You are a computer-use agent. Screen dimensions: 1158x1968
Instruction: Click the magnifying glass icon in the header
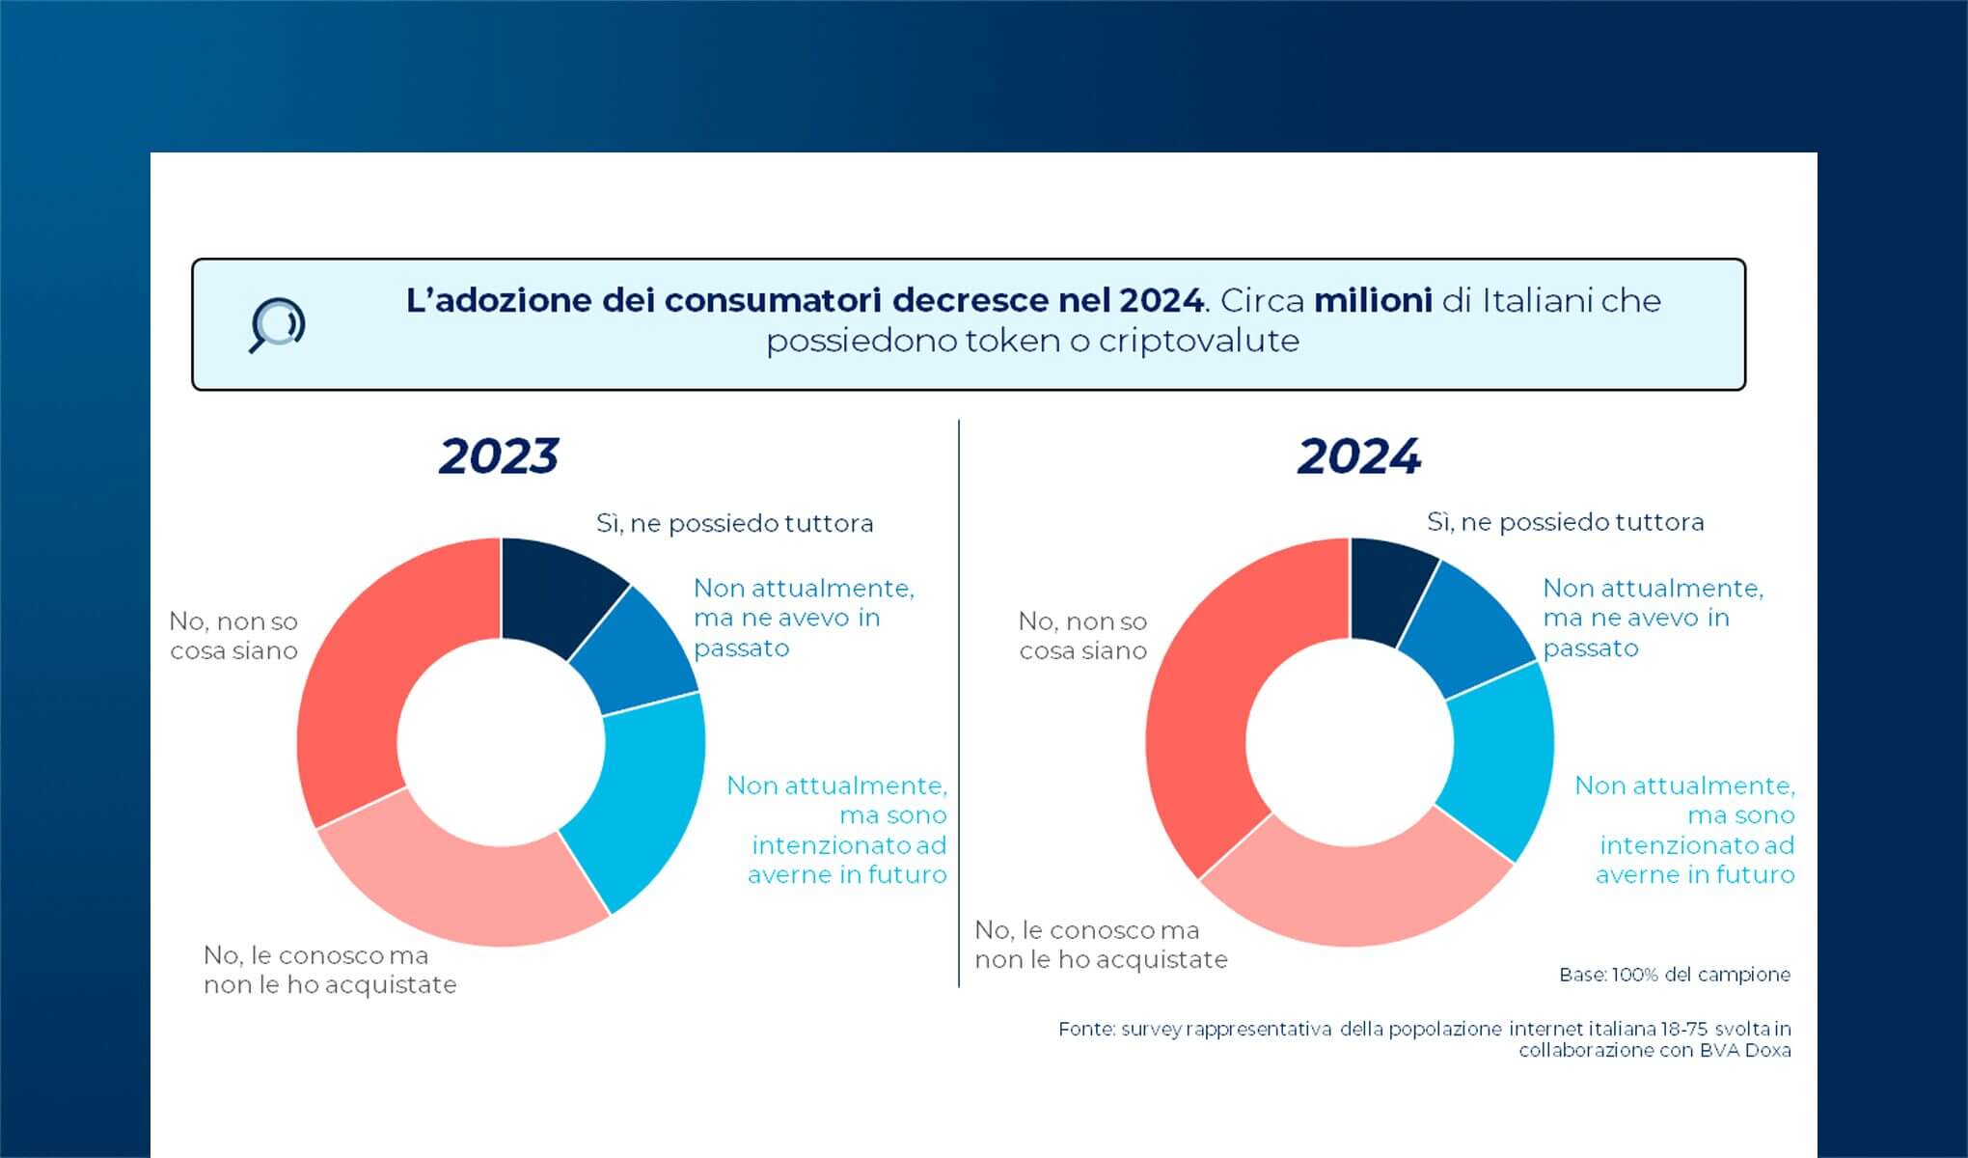277,325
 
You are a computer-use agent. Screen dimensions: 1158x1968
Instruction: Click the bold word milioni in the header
1373,301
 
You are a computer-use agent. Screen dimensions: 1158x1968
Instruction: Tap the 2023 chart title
499,456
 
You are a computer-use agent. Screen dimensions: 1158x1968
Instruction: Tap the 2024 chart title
1358,456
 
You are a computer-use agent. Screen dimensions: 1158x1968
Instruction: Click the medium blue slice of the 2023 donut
632,651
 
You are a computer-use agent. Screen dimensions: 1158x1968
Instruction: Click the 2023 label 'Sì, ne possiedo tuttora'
734,523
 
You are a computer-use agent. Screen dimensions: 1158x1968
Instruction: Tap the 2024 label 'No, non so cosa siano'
1082,636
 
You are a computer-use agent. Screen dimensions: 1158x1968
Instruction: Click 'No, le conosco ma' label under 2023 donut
315,955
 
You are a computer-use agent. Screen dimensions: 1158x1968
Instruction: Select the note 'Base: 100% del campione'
1674,975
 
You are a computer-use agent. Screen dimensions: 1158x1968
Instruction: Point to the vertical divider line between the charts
959,704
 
